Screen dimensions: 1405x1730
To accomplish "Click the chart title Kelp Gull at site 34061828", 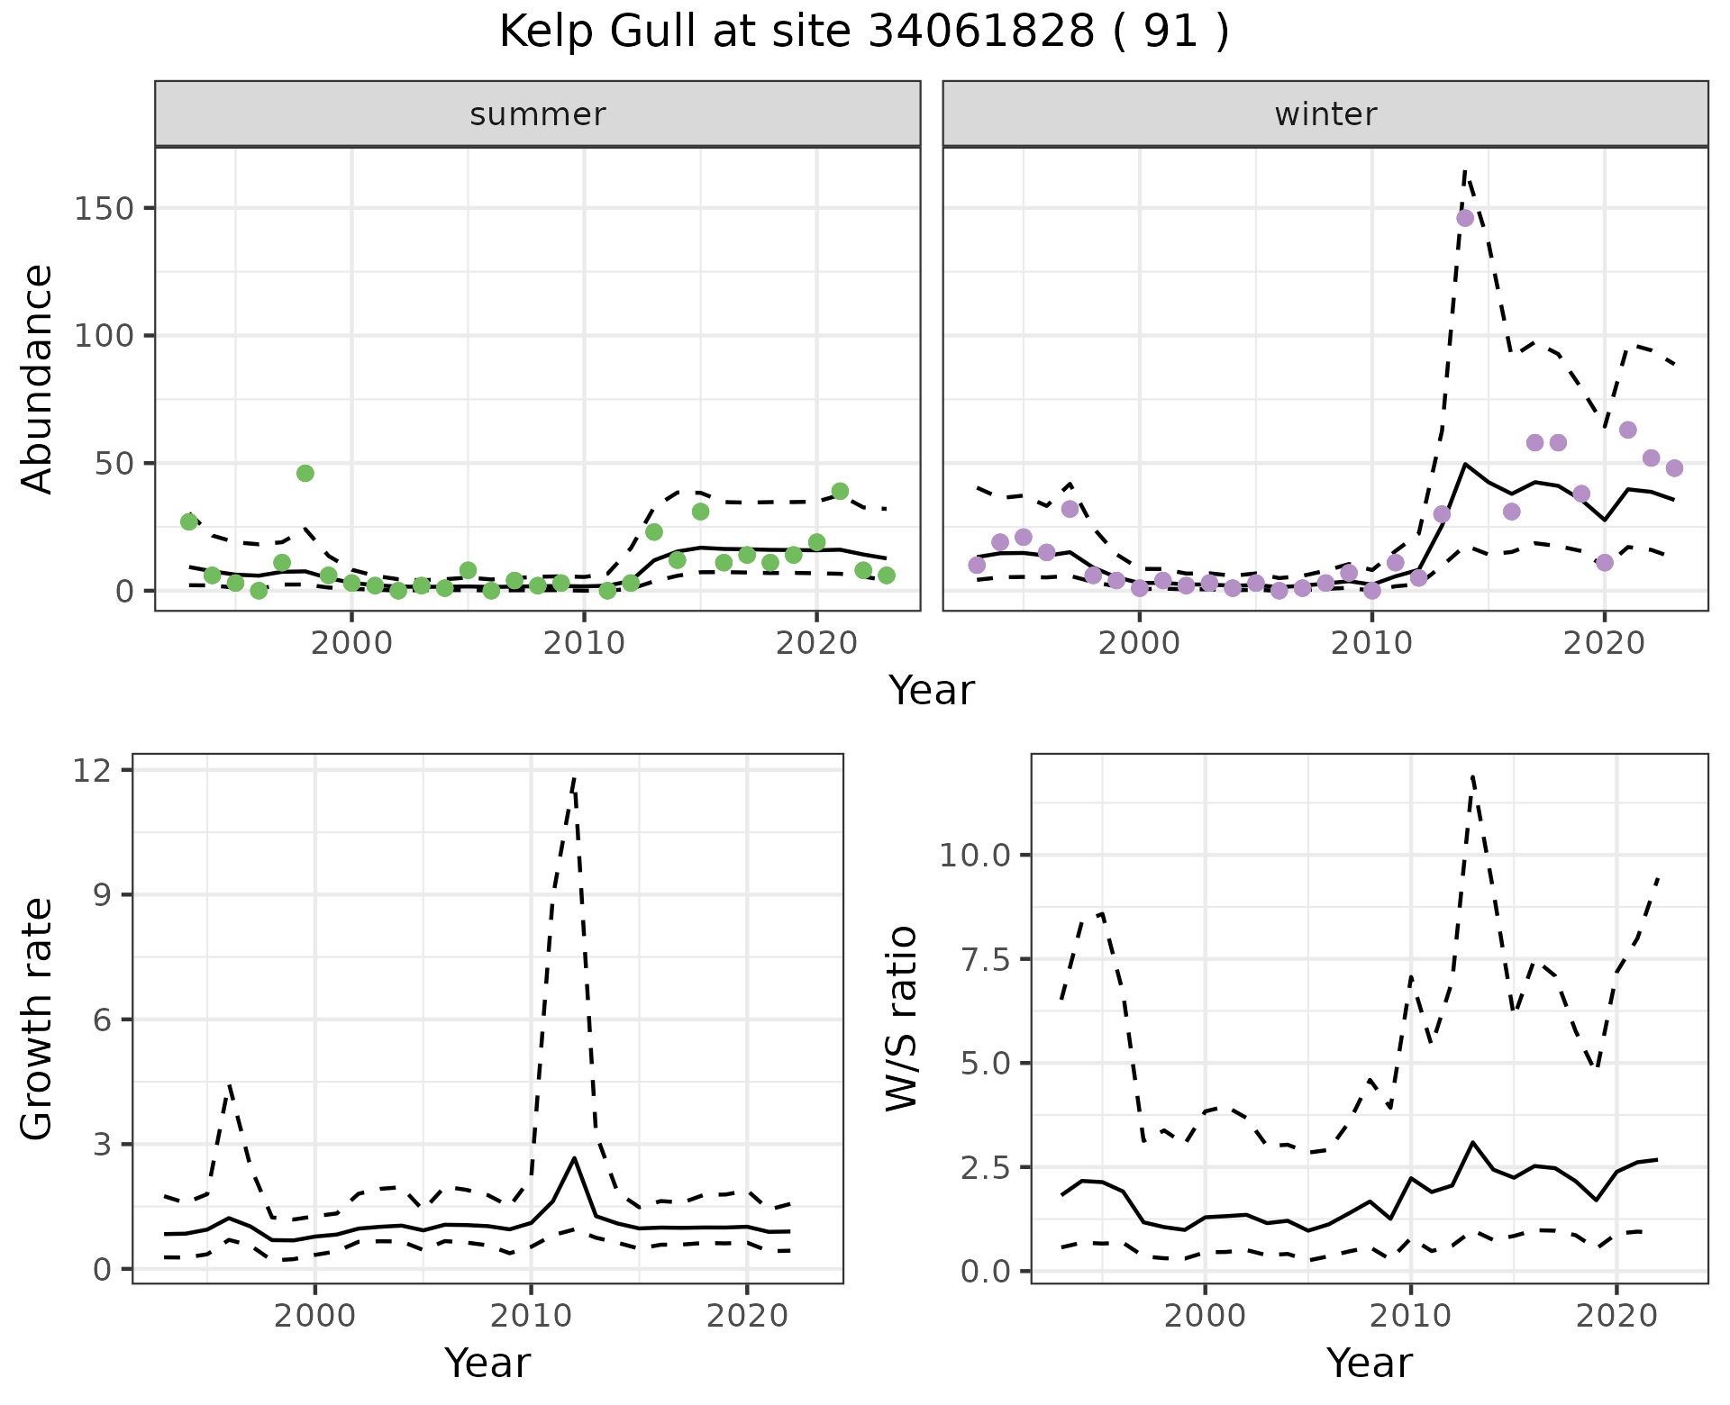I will click(x=863, y=33).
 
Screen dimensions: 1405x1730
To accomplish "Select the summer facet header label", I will click(x=538, y=114).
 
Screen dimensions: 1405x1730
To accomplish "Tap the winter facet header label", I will click(x=1325, y=114).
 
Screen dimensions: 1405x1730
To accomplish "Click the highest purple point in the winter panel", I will click(x=1465, y=218).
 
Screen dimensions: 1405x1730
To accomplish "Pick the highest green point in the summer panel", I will click(x=305, y=474).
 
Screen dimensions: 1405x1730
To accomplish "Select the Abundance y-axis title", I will click(x=38, y=378).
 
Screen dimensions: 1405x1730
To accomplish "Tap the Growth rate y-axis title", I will click(x=38, y=1018).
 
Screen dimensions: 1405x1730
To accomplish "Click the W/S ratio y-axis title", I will click(x=901, y=1018).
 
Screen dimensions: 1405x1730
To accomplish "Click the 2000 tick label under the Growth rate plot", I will click(x=314, y=1316).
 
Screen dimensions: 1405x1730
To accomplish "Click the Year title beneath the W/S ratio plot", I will click(x=1369, y=1363).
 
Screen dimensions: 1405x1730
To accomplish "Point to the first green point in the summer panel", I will click(x=189, y=521).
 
